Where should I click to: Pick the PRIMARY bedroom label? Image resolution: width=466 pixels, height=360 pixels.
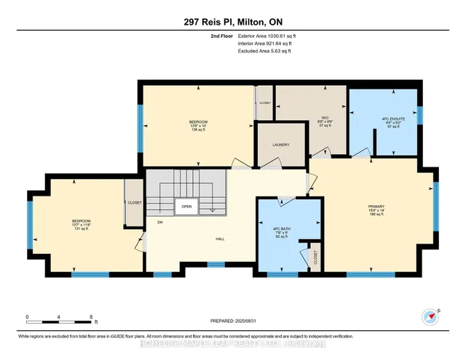pyautogui.click(x=376, y=210)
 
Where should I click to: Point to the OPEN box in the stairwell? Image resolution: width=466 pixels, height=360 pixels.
pyautogui.click(x=186, y=206)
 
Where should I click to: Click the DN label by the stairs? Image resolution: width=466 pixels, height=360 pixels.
pyautogui.click(x=159, y=224)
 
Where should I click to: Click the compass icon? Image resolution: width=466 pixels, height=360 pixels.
pyautogui.click(x=430, y=317)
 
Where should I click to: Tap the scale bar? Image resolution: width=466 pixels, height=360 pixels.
pyautogui.click(x=58, y=319)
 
